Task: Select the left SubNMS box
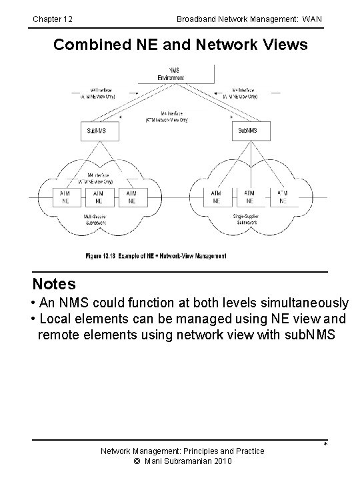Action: click(x=98, y=130)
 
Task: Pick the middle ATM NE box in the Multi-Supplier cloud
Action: click(x=99, y=196)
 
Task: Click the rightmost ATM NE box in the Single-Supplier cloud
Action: click(x=283, y=196)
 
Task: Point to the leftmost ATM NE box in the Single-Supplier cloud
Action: click(x=217, y=196)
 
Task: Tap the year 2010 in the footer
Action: click(x=220, y=461)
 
